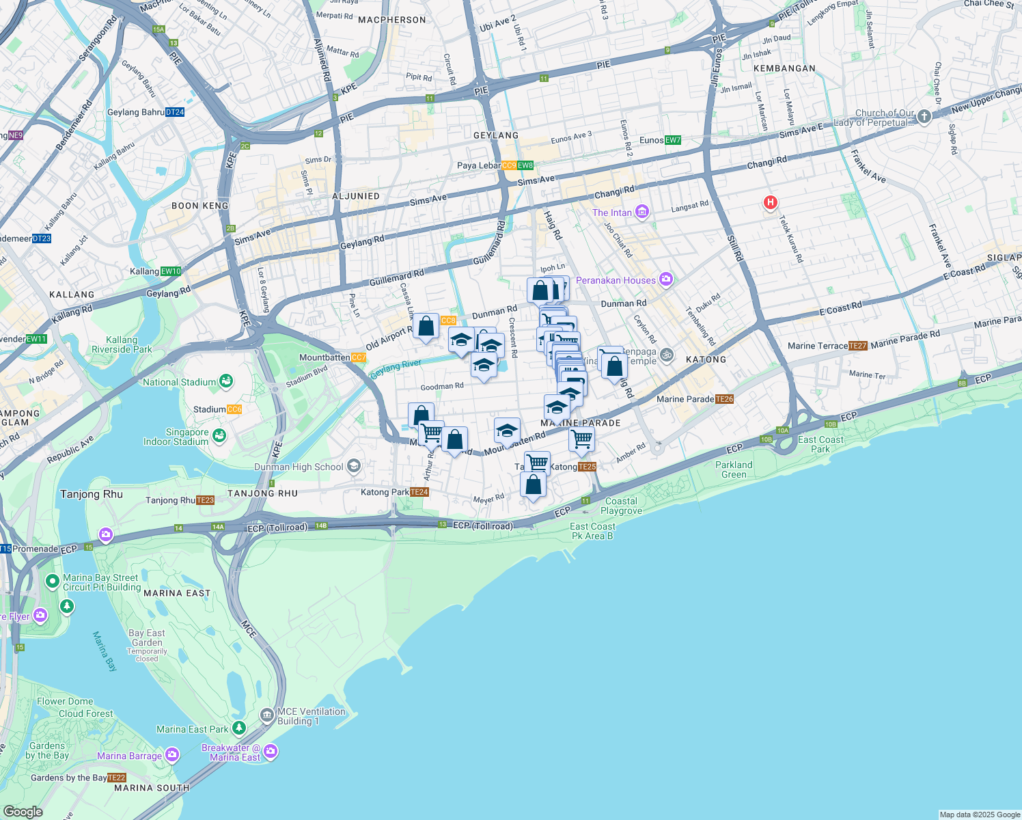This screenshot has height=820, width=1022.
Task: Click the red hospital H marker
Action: pos(771,202)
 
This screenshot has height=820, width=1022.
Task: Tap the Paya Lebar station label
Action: pos(478,166)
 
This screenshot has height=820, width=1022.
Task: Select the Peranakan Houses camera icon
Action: pos(667,279)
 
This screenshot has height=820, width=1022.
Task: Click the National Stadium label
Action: pos(179,383)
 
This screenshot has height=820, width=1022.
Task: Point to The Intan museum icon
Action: pos(641,212)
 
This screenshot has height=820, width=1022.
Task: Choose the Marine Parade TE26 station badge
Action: pos(724,399)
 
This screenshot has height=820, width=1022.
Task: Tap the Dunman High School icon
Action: pos(353,466)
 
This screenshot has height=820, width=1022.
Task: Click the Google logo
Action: pos(23,812)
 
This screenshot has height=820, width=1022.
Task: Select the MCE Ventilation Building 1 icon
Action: pos(267,715)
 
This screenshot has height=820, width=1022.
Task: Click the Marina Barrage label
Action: pos(129,756)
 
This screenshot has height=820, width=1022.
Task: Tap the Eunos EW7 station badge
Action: pos(673,140)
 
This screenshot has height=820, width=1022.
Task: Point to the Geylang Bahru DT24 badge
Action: pos(175,112)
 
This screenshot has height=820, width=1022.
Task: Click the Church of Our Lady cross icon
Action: pos(924,117)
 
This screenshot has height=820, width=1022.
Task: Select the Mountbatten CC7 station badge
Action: pos(358,357)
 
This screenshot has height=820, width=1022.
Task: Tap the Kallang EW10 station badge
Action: pos(171,271)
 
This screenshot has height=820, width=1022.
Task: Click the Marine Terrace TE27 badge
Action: pos(858,346)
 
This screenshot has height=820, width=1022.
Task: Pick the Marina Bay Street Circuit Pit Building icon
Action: pos(52,582)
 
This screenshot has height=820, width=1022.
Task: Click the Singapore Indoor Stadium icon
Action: pos(219,436)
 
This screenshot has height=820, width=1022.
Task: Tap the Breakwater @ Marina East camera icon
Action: pos(271,752)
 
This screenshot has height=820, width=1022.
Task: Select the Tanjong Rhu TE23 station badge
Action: pos(206,500)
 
